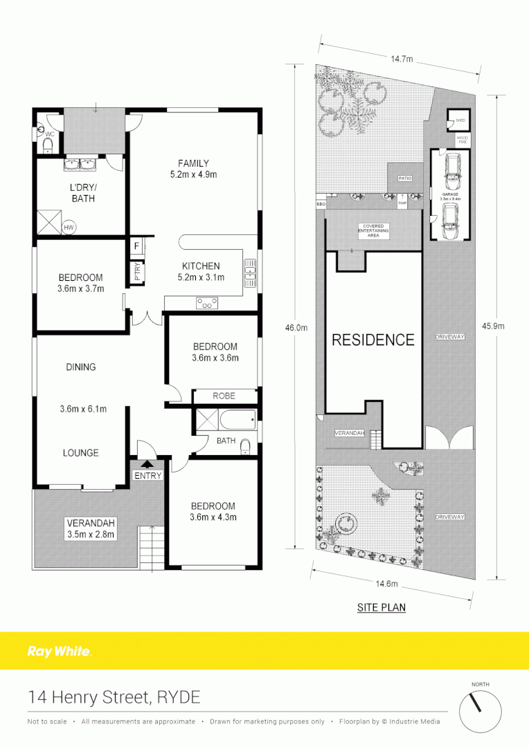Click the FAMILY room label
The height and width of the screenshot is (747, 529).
coord(193,163)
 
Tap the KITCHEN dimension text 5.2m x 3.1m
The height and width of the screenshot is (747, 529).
coord(201,277)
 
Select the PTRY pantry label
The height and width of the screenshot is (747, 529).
coord(137,272)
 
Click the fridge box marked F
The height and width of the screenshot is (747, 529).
coord(137,246)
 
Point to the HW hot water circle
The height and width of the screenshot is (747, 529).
coord(69,227)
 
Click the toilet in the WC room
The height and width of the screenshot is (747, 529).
coord(47,144)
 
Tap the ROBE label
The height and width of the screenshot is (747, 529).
coord(224,396)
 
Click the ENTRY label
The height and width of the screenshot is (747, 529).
coord(147,475)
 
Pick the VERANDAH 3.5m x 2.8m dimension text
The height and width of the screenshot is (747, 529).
coord(91,534)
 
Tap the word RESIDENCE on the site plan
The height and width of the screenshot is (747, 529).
coord(373,340)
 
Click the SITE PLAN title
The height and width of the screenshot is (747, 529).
coord(381,607)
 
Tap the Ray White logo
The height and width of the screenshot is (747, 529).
coord(59,651)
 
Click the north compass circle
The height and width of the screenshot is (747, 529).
coord(480,708)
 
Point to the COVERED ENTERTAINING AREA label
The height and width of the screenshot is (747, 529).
coord(373,230)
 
